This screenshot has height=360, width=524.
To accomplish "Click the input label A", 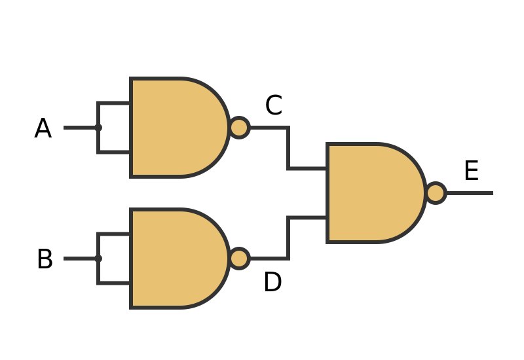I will (43, 129).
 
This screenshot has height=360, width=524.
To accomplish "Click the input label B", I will (45, 260).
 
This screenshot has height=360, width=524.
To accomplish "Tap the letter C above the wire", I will (273, 106).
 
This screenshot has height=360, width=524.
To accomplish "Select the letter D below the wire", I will (272, 283).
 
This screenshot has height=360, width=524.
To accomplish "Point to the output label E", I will (471, 171).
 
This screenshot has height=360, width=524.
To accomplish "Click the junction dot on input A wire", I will (98, 128).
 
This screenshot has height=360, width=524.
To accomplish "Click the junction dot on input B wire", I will (98, 259).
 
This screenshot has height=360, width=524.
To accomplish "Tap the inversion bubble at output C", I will (239, 128).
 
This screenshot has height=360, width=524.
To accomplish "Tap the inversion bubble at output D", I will (239, 259).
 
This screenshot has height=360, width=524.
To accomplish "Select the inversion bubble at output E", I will (436, 193).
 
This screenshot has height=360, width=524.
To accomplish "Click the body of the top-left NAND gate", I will (174, 128).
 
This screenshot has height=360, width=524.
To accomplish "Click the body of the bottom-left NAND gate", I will (174, 259).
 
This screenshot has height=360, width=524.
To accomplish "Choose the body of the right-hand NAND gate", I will (370, 193).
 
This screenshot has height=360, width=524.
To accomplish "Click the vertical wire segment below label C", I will (288, 149).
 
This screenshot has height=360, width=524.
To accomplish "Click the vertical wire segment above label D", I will (288, 238).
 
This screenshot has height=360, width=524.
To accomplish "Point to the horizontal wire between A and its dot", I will (80, 128).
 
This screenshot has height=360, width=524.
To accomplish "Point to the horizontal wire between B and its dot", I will (80, 259).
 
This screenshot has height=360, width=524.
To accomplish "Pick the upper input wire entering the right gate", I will (308, 168).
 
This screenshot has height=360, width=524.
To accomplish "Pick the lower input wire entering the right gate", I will (308, 218).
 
